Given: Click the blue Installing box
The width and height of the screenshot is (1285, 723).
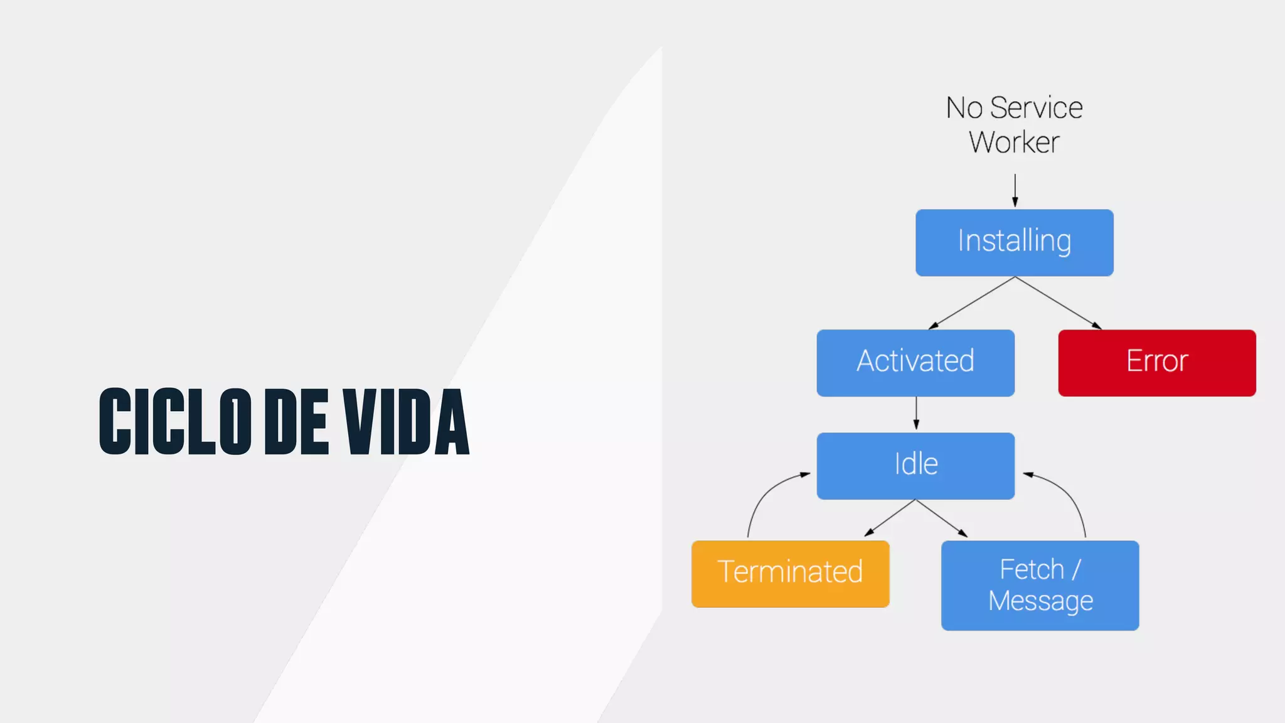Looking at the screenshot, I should click(1014, 242).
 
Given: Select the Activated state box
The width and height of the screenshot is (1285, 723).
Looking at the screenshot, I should click(915, 362).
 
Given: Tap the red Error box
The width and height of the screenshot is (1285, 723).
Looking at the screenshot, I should click(1156, 362).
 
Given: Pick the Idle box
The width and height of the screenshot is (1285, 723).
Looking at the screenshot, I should click(915, 465).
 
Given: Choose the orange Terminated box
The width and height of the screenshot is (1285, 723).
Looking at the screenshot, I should click(790, 573).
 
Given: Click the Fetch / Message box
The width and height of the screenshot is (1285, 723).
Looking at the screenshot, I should click(1040, 585).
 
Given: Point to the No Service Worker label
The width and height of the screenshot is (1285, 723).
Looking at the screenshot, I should click(1014, 124).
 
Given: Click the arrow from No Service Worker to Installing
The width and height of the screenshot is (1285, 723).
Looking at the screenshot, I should click(1015, 190).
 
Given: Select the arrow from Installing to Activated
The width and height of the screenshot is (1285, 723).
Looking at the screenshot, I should click(971, 303).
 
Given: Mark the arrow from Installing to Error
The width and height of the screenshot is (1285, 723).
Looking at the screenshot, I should click(1058, 303).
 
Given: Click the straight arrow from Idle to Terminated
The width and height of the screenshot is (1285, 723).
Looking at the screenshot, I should click(890, 518).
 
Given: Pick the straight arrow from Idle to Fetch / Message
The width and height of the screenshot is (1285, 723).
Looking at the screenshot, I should click(941, 518).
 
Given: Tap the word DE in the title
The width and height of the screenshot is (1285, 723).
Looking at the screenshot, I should click(296, 421).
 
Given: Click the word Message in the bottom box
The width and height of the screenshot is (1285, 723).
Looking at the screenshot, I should click(1040, 601).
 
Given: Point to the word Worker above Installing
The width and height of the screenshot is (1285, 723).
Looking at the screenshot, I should click(1014, 142).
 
